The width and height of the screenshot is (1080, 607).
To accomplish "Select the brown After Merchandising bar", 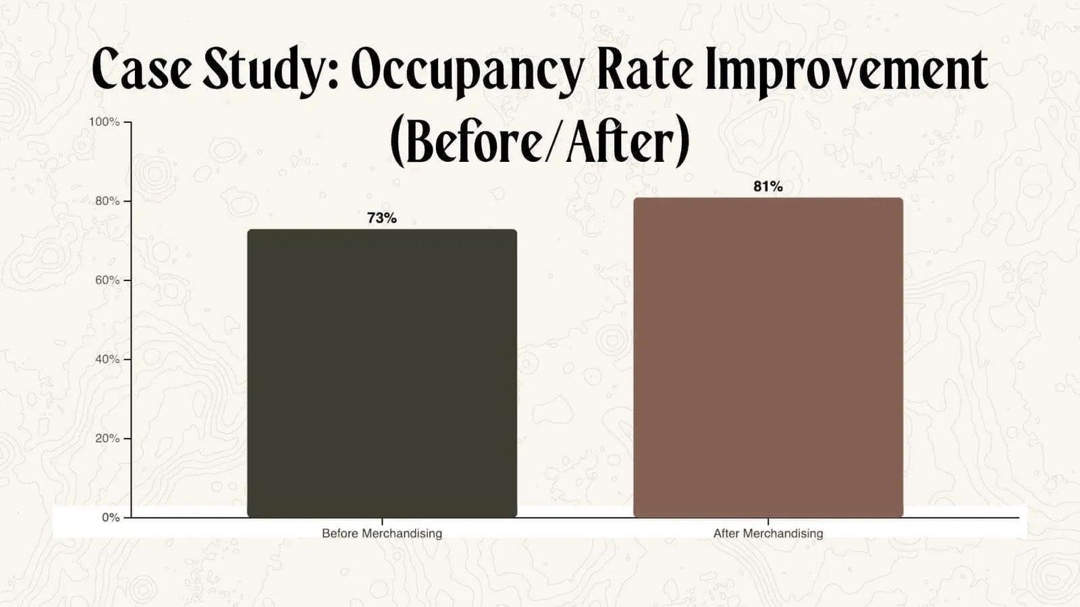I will [x=768, y=357].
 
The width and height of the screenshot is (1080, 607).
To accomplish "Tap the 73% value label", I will [x=382, y=218].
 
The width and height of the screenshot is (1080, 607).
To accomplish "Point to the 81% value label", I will [x=768, y=186].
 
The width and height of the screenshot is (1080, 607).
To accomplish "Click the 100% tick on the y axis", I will [x=104, y=122].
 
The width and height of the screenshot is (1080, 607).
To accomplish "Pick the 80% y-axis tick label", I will [x=107, y=201].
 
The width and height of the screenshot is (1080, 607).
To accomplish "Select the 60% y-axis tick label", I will [x=107, y=280].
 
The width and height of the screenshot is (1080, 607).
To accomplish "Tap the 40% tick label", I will [x=107, y=359].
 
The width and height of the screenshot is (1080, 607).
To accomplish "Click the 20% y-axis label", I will [x=107, y=438].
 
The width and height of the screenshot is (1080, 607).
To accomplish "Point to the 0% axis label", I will [x=111, y=517].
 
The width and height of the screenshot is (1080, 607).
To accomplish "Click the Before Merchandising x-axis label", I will [x=382, y=533].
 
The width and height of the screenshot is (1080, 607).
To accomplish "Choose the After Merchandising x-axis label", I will [x=768, y=533].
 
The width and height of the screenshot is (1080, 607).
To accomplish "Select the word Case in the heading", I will [x=142, y=69].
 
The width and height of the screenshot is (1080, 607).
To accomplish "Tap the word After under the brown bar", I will [x=726, y=533].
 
